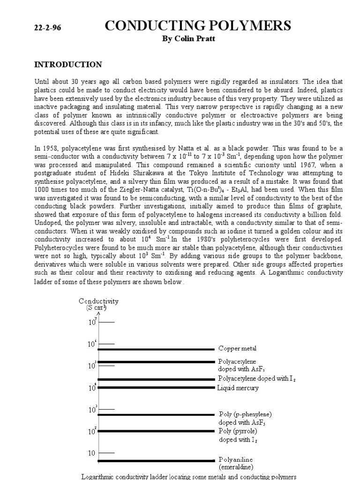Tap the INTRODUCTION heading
point(68,65)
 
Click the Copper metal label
point(237,349)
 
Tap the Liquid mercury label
point(238,388)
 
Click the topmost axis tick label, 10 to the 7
point(92,322)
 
